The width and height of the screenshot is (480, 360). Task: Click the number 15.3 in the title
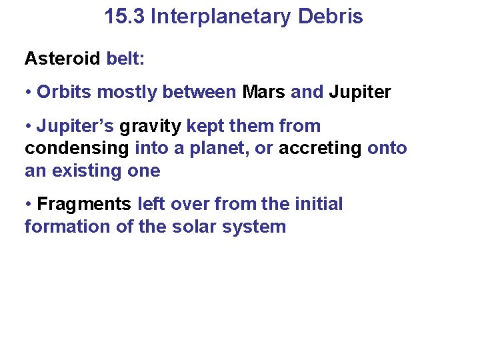click(x=125, y=17)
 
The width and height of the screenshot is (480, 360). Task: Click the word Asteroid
click(x=63, y=59)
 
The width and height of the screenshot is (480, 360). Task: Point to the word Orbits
click(x=65, y=92)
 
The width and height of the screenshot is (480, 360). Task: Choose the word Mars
click(x=264, y=92)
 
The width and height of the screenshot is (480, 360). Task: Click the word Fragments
click(x=85, y=204)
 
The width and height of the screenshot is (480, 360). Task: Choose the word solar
click(x=190, y=227)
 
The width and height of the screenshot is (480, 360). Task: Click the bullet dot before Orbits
click(x=29, y=93)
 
